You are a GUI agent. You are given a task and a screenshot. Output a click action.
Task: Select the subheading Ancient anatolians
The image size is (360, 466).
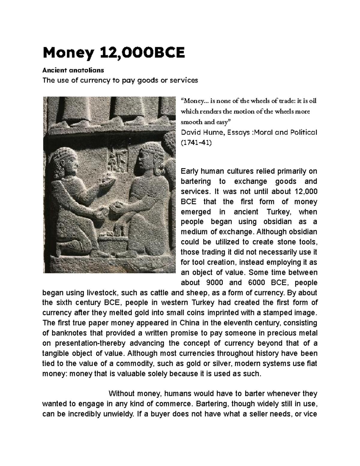(73, 70)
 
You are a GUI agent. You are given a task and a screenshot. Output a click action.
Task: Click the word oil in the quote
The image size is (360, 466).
(312, 101)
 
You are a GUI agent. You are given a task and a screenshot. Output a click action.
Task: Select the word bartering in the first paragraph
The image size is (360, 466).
(196, 182)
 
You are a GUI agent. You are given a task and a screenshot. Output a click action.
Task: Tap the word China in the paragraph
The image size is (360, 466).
(190, 323)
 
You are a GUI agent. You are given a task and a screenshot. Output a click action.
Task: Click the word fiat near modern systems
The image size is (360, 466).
(312, 363)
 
